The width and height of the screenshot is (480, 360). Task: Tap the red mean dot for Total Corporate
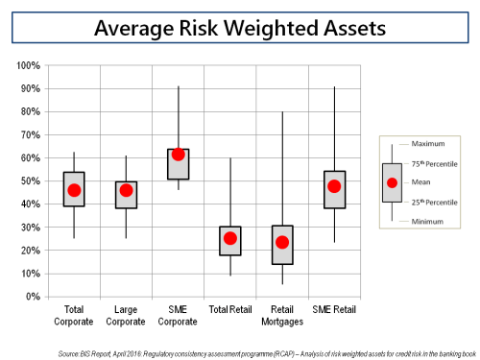[74, 190]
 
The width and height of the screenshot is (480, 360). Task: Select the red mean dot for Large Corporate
[126, 190]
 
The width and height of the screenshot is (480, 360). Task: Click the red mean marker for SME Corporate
[178, 155]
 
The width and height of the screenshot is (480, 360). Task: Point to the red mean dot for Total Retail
[230, 238]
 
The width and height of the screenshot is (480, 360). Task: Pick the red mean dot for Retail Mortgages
[282, 242]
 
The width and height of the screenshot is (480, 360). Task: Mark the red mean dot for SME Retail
[334, 186]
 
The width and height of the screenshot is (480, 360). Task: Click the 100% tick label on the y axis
[27, 66]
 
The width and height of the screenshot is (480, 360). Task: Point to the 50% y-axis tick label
[29, 181]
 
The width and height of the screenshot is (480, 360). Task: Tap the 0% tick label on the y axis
[32, 297]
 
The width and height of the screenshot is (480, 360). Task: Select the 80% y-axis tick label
[29, 112]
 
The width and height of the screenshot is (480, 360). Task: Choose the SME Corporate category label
[178, 315]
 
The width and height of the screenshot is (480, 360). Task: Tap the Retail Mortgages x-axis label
[282, 315]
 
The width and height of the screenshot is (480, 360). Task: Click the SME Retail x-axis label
[334, 309]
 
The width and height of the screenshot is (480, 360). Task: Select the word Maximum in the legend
[430, 144]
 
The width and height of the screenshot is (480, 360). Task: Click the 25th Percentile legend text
[435, 202]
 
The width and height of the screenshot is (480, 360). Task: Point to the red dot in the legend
[392, 182]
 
